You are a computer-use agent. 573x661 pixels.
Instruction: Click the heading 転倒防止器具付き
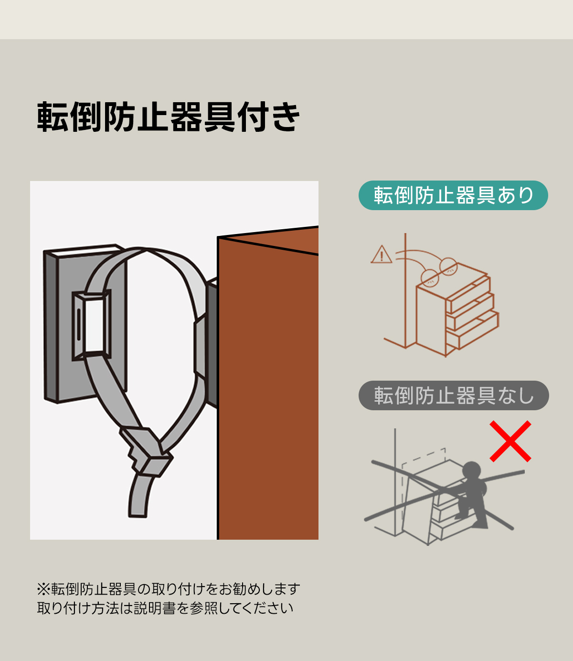pos(169,117)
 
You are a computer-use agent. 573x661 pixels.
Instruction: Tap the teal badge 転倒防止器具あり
pos(453,195)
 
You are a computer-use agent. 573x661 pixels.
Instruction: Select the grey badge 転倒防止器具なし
pos(454,395)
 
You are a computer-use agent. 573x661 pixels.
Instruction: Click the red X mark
pos(510,441)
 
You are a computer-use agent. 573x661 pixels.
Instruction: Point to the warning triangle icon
pos(382,255)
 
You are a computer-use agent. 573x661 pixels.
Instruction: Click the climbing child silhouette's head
pos(471,470)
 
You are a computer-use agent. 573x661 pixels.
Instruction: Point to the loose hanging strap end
pos(139,495)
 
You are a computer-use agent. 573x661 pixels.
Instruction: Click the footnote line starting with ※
pos(169,589)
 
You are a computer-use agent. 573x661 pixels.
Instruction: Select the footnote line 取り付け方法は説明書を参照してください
pos(165,608)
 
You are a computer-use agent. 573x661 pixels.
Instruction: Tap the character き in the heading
pos(285,117)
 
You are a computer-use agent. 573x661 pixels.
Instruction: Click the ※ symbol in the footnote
pos(43,589)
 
